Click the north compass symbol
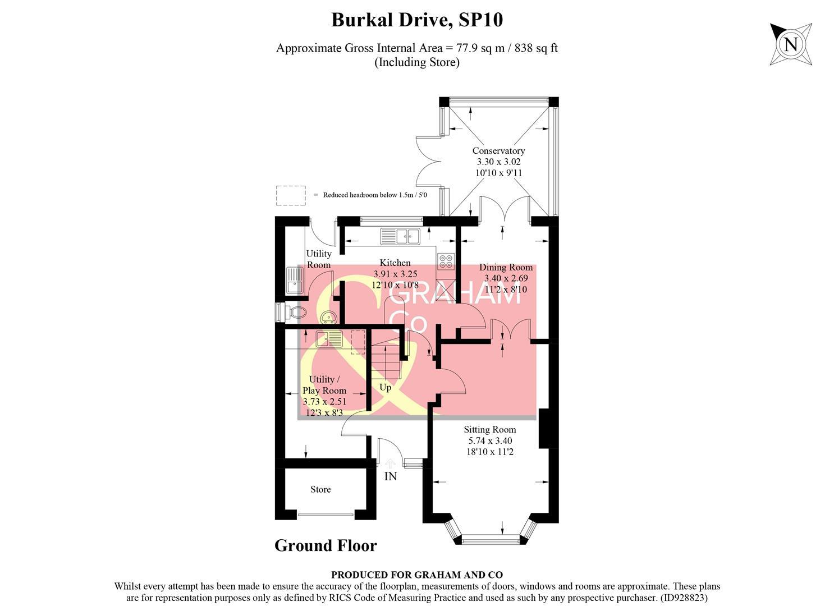click(790, 44)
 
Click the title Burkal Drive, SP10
click(416, 20)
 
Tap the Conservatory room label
click(498, 150)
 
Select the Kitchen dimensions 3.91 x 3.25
click(395, 274)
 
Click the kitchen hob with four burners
click(446, 261)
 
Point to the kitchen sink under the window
click(400, 236)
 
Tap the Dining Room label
click(506, 267)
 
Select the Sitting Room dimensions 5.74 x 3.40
click(489, 440)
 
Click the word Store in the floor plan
click(320, 489)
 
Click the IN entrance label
click(390, 476)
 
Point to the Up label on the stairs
click(385, 387)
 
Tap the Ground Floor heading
click(326, 545)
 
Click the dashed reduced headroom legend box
click(291, 195)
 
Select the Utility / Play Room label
click(324, 385)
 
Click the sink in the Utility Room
click(294, 280)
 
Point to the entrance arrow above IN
click(390, 463)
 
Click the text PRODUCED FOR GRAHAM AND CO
click(416, 575)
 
